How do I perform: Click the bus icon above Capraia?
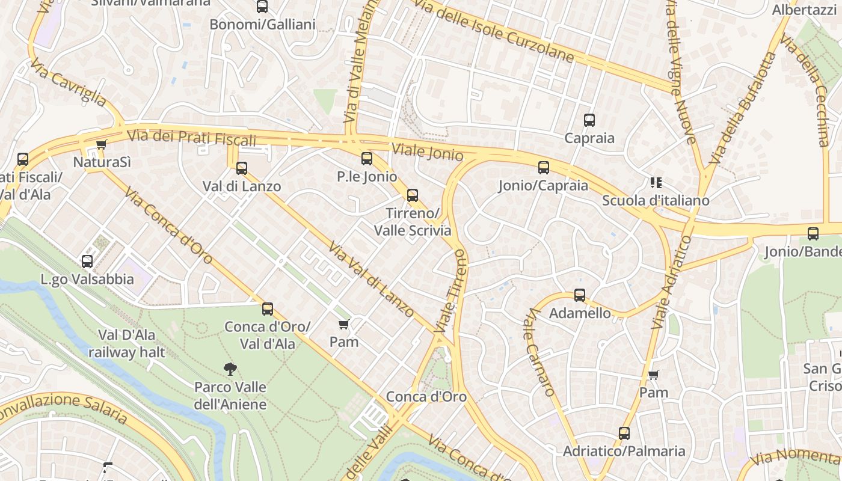(589, 120)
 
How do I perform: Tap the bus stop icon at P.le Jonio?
(367, 159)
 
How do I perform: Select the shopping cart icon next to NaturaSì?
(102, 144)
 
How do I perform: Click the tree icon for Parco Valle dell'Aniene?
(230, 369)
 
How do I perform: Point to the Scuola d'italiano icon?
(656, 183)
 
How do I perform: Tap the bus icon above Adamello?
(580, 295)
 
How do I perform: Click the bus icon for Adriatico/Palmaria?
(624, 433)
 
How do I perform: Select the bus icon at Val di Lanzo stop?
(242, 168)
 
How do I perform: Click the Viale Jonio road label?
(428, 152)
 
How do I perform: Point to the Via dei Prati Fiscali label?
(192, 138)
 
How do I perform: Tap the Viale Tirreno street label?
(457, 292)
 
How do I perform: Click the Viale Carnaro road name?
(541, 352)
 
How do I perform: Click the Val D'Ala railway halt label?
(126, 343)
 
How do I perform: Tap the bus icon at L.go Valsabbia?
(87, 262)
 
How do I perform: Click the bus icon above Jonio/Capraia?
(544, 168)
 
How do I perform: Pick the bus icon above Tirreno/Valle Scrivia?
(413, 195)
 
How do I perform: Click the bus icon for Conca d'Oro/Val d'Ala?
(268, 309)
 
